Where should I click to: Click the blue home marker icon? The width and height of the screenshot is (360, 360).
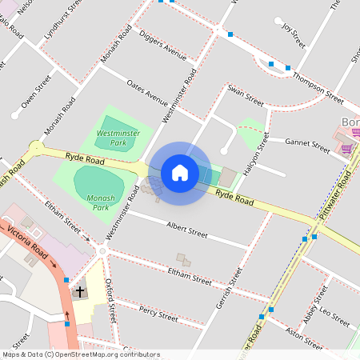pos(180,173)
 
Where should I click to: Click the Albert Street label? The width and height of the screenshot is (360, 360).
pos(186,230)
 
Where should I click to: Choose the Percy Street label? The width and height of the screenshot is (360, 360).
pos(158,313)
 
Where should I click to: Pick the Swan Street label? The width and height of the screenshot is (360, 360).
pos(245,96)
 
